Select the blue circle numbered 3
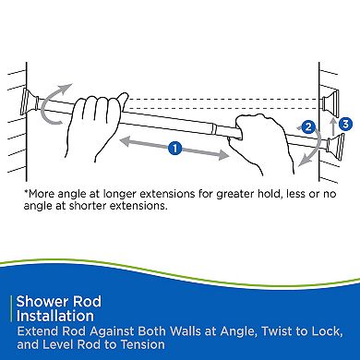pyautogui.click(x=344, y=121)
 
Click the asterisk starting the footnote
pyautogui.click(x=26, y=194)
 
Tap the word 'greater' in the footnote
pyautogui.click(x=241, y=194)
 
